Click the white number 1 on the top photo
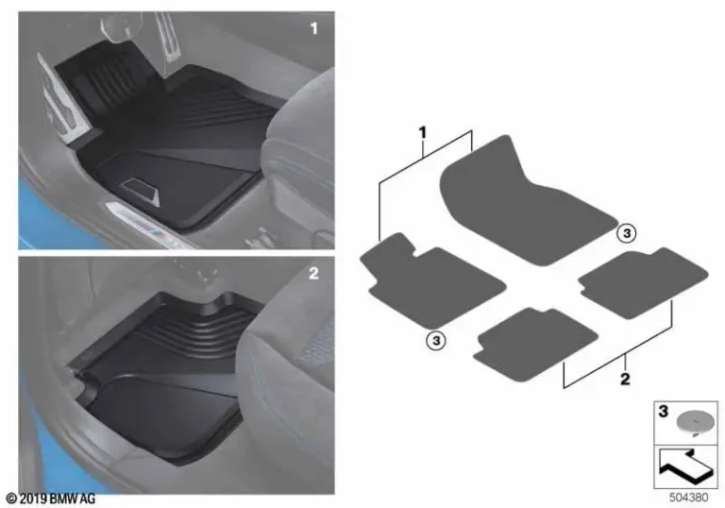pos(313,30)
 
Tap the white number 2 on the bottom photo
pos(313,275)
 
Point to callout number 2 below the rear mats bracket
pos(626,380)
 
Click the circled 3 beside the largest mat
pos(627,231)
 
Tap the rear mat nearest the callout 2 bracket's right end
pos(643,278)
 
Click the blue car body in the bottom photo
pos(42,463)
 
